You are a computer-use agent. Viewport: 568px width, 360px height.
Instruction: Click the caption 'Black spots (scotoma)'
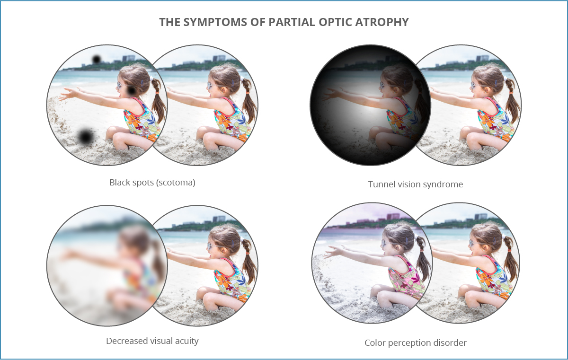(x=152, y=182)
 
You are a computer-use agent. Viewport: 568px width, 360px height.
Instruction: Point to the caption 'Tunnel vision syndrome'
(x=415, y=184)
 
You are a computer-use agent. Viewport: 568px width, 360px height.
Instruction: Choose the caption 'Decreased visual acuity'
(x=152, y=341)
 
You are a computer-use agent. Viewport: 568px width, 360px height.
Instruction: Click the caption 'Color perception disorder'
(x=415, y=342)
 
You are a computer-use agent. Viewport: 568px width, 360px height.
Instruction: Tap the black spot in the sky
(x=96, y=59)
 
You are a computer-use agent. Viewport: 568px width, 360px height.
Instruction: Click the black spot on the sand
(x=85, y=137)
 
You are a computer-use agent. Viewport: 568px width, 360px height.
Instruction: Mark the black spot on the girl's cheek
(x=131, y=90)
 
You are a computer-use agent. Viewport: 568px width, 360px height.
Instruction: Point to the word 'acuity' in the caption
(x=186, y=341)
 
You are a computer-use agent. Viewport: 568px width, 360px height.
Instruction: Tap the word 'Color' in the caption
(x=375, y=342)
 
